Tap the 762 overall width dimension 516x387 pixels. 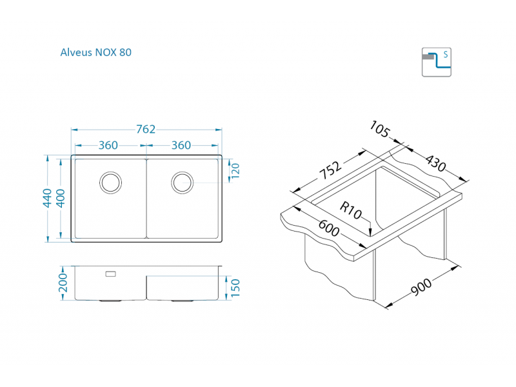[146, 129]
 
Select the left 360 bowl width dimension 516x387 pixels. [108, 145]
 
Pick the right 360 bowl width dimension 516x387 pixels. [181, 145]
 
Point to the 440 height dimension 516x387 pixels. [46, 198]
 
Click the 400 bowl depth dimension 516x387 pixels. [61, 198]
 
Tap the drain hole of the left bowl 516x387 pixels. [110, 182]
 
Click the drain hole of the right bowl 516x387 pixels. [182, 182]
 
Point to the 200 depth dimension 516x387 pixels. [63, 283]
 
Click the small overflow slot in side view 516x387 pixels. [110, 274]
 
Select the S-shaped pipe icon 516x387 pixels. [437, 62]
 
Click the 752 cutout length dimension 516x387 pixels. [330, 172]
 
